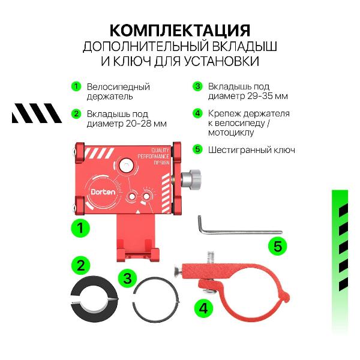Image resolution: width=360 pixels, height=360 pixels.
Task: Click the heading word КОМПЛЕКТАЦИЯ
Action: [x=180, y=30]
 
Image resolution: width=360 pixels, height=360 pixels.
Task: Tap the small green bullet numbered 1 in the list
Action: [x=76, y=86]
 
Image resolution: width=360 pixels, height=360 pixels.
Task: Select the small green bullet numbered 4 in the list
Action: [x=197, y=113]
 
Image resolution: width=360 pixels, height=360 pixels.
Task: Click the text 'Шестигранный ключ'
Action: [x=251, y=149]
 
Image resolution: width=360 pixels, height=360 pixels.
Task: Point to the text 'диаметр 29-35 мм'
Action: [x=247, y=96]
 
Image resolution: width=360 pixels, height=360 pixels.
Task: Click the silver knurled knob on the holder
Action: [x=193, y=178]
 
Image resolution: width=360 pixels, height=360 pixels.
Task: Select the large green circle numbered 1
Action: [x=80, y=227]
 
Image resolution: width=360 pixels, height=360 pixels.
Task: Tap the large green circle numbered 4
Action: [x=203, y=308]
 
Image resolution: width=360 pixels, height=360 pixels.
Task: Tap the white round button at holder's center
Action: [x=127, y=165]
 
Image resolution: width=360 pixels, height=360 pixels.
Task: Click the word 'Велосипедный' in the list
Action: [x=118, y=86]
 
